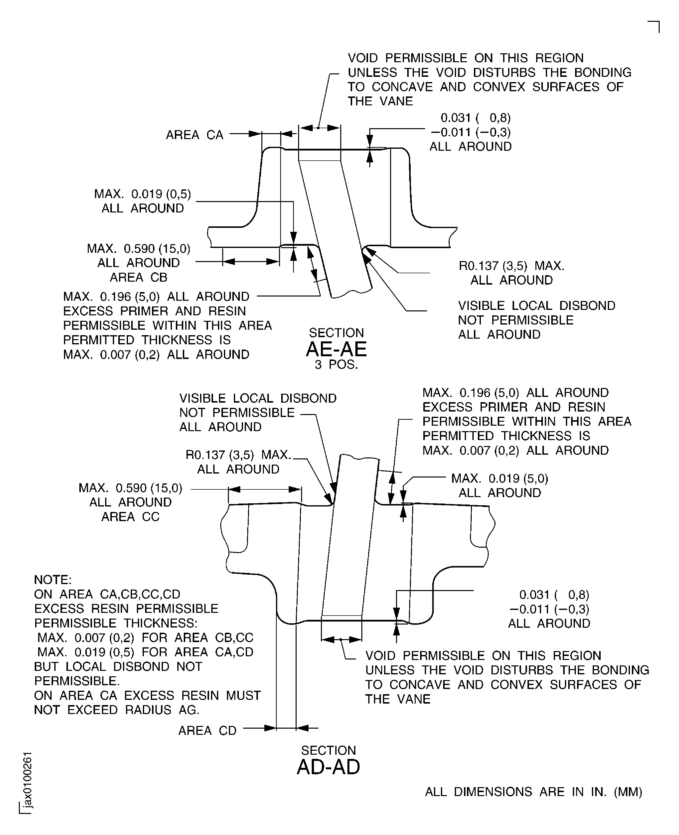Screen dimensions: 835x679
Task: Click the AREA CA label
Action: pyautogui.click(x=194, y=135)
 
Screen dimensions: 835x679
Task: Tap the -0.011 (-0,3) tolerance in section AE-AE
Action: pyautogui.click(x=470, y=132)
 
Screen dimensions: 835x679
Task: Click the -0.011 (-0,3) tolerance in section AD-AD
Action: pyautogui.click(x=549, y=609)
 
